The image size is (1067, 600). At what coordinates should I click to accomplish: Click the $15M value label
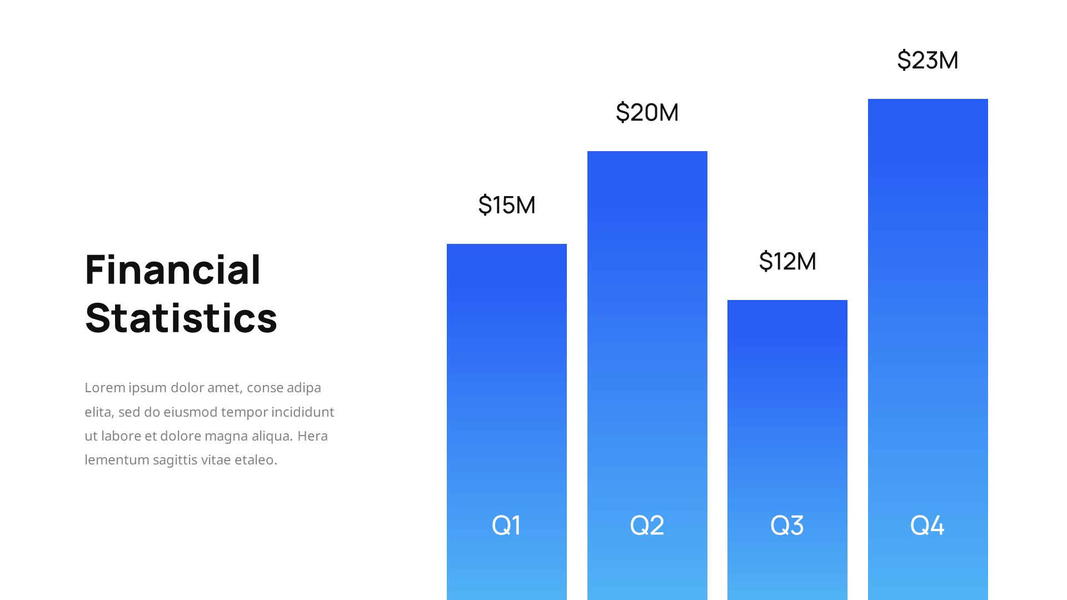coord(507,205)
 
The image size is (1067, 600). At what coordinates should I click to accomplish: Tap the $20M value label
coord(647,112)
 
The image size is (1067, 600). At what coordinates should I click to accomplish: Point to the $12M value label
coord(787,261)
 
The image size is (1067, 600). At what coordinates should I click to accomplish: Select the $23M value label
coord(928,60)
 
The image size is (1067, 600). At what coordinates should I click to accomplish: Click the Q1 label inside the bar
coord(506,525)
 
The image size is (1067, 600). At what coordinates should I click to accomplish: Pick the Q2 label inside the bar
coord(647,525)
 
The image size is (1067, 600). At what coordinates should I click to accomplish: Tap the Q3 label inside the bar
coord(787,525)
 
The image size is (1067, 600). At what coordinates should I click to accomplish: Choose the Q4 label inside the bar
coord(927,525)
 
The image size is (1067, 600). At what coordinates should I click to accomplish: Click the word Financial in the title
coord(173,270)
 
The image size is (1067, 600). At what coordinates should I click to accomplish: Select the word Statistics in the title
coord(181,318)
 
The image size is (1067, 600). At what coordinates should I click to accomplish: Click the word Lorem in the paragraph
coord(104,388)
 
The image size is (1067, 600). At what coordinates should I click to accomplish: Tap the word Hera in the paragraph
coord(312,436)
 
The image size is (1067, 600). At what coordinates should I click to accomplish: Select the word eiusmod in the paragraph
coord(191,412)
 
